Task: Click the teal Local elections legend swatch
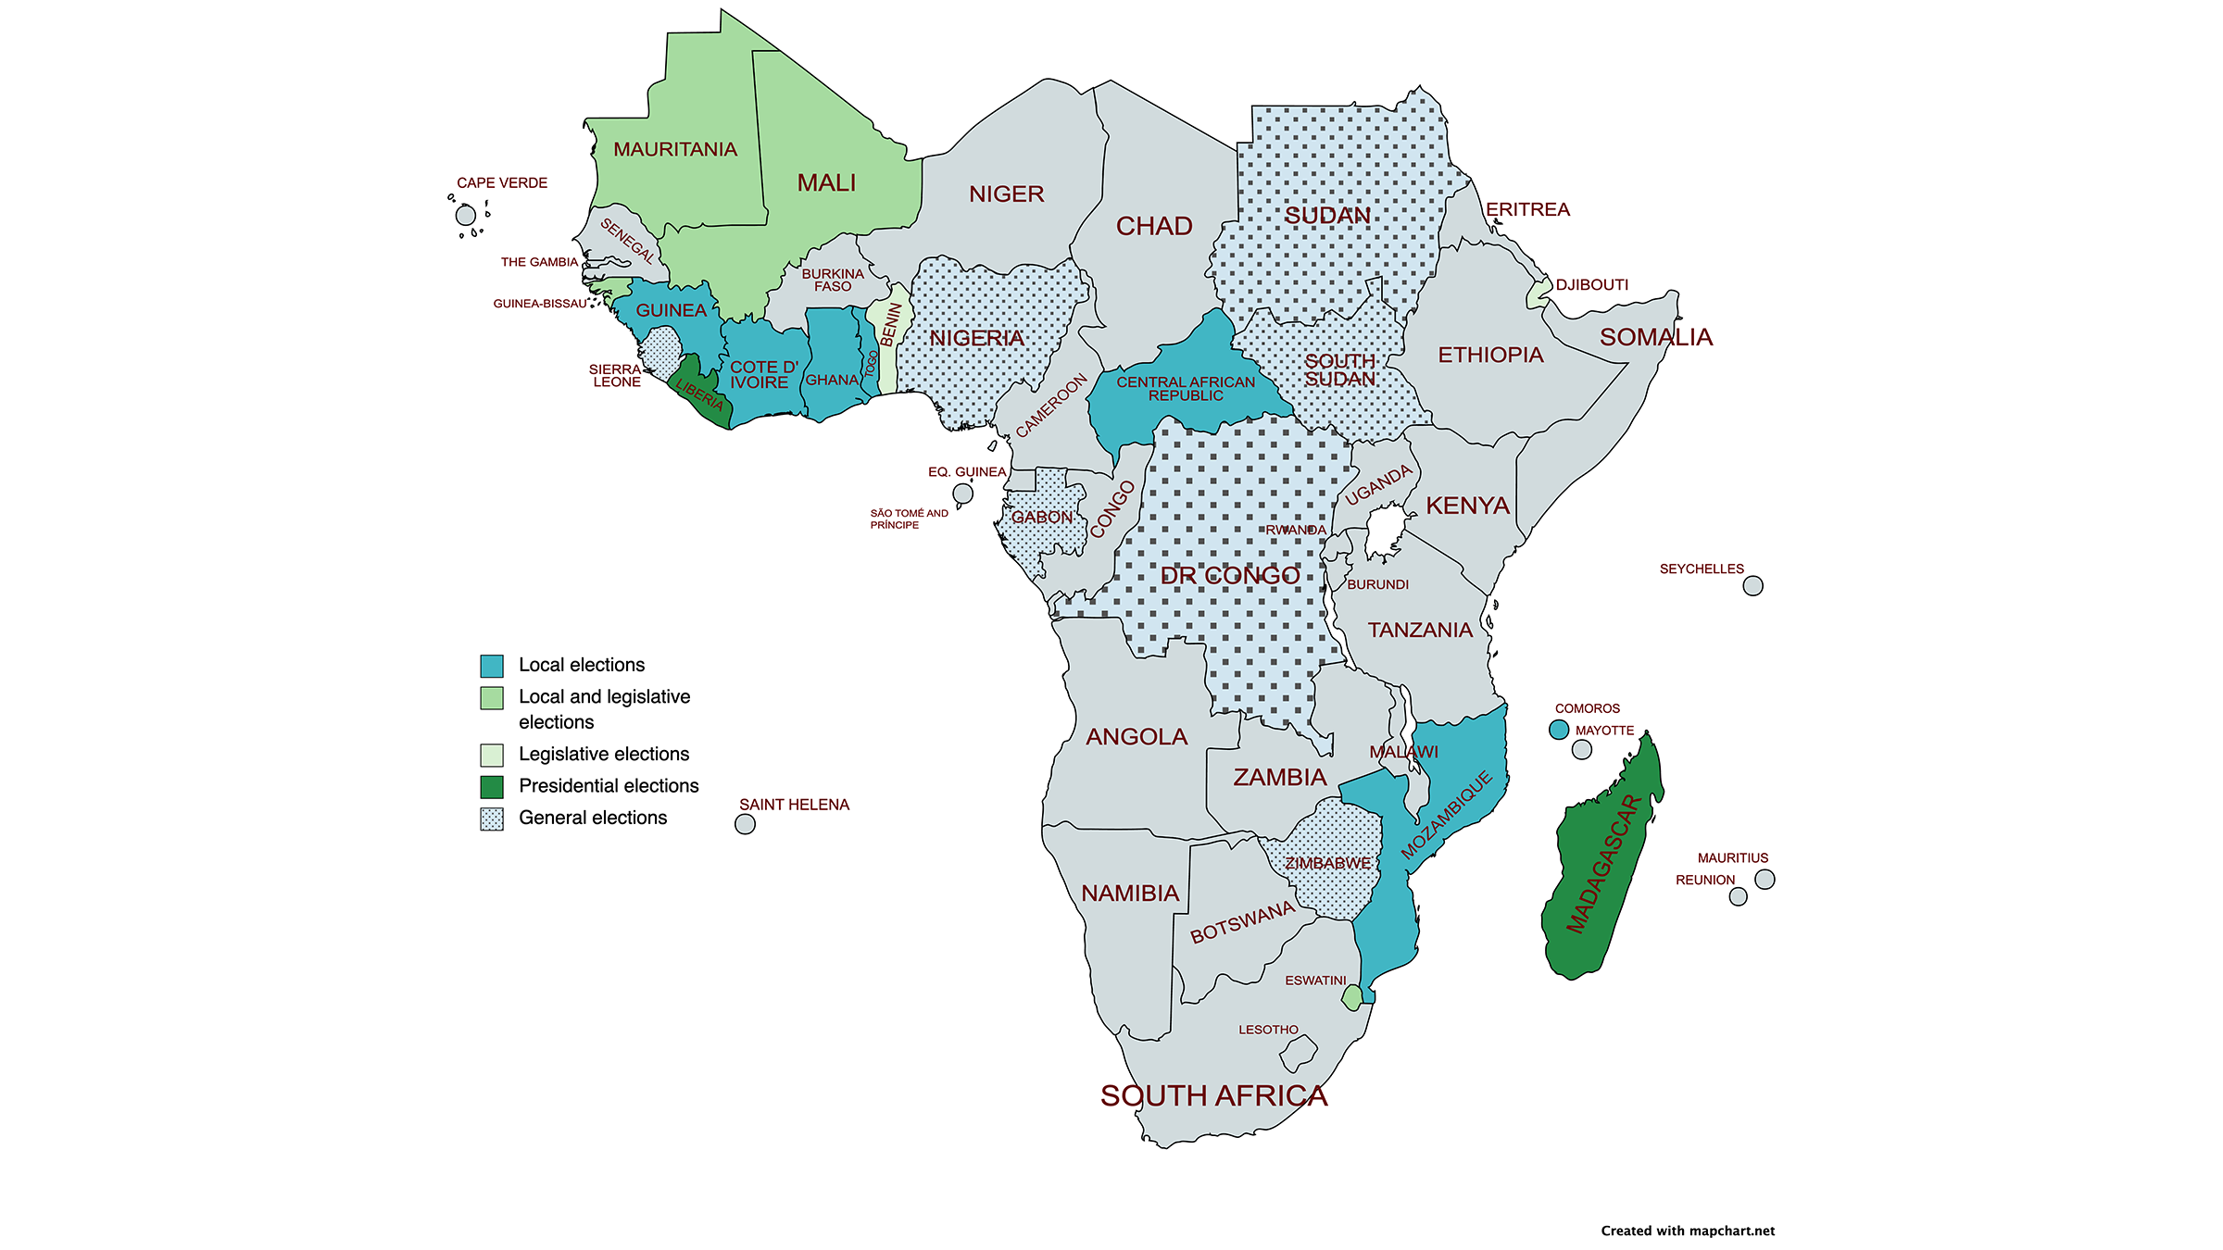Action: [x=492, y=666]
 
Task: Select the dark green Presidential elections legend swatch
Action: [x=492, y=787]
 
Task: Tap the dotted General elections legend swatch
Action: [x=492, y=819]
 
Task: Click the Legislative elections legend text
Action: [x=604, y=754]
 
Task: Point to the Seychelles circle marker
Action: [x=1752, y=586]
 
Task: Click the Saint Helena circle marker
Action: [x=745, y=824]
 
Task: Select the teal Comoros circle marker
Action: [x=1559, y=730]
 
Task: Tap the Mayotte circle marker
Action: [x=1582, y=750]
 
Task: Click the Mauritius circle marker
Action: [x=1765, y=880]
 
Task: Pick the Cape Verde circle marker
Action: [x=466, y=216]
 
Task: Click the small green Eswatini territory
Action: [x=1352, y=998]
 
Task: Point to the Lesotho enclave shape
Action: [x=1299, y=1053]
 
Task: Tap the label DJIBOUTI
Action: [x=1591, y=284]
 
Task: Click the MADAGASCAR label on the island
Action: [x=1603, y=863]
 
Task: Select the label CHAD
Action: [x=1154, y=226]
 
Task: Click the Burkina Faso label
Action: [x=833, y=280]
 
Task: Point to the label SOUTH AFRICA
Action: [x=1213, y=1096]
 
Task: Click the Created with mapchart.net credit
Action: [x=1688, y=1231]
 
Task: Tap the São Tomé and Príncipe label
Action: [x=908, y=519]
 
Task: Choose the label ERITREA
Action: [x=1527, y=209]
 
